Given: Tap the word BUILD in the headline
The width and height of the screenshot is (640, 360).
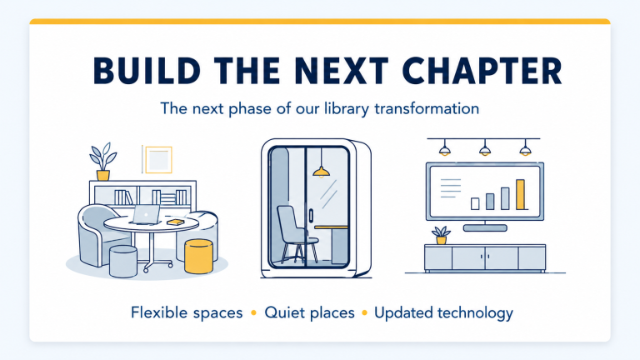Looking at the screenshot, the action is pyautogui.click(x=147, y=71).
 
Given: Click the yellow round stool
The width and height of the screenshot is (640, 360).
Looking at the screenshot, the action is pyautogui.click(x=199, y=257).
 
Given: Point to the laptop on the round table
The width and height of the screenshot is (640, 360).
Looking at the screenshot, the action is pyautogui.click(x=145, y=214).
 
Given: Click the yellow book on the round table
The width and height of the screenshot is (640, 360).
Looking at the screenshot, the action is pyautogui.click(x=176, y=222).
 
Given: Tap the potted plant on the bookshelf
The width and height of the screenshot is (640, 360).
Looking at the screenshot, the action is pyautogui.click(x=102, y=161).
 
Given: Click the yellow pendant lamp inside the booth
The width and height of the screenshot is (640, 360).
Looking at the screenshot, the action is pyautogui.click(x=321, y=172).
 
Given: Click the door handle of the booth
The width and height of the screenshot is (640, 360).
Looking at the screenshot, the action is pyautogui.click(x=311, y=216).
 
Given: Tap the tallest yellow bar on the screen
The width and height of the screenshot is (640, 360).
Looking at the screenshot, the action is pyautogui.click(x=520, y=194).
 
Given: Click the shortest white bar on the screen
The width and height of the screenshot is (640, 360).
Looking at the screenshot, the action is pyautogui.click(x=475, y=203).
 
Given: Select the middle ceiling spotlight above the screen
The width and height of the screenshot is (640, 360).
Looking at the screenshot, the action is pyautogui.click(x=484, y=147).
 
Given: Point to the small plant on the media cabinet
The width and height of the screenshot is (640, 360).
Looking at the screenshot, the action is pyautogui.click(x=441, y=236).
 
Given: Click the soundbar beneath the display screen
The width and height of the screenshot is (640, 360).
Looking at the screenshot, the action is pyautogui.click(x=485, y=228).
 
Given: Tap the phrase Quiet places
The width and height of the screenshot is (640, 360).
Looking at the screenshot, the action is pyautogui.click(x=309, y=313).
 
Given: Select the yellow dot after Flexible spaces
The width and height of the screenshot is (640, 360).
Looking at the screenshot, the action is pyautogui.click(x=253, y=313).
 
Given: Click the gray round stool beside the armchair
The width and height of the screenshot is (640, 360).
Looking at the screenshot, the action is pyautogui.click(x=123, y=262).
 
